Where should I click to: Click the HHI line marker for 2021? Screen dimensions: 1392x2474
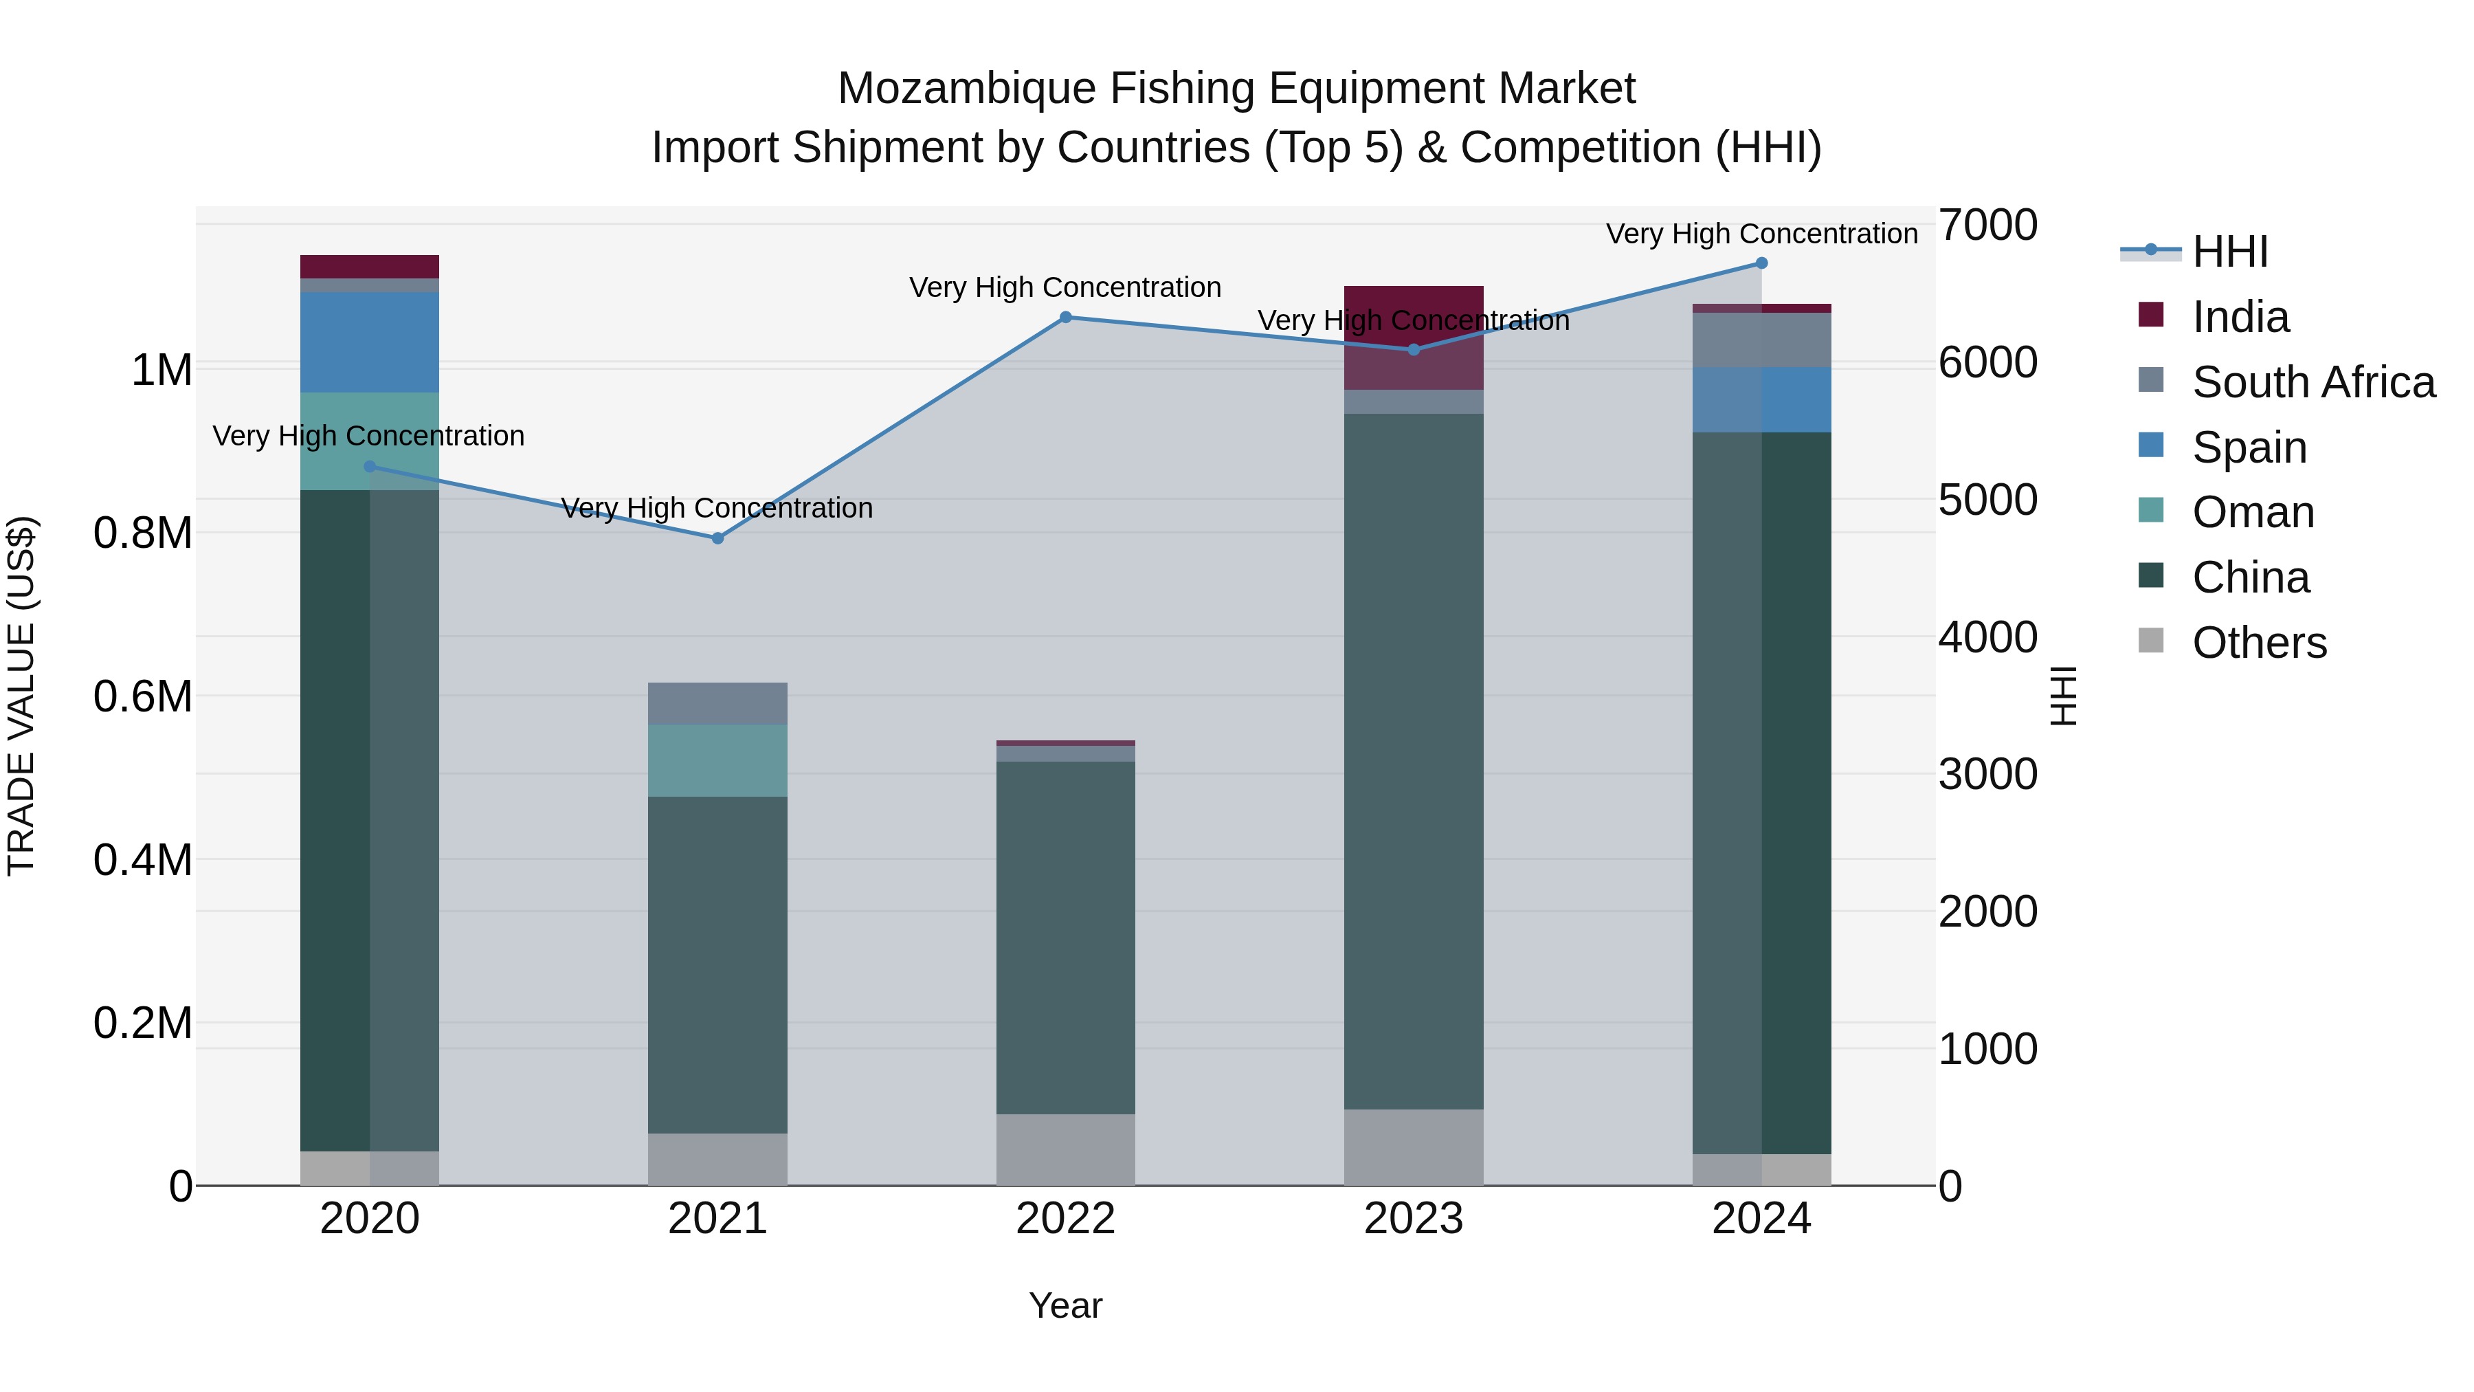point(717,538)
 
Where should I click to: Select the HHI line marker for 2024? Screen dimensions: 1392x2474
point(1761,263)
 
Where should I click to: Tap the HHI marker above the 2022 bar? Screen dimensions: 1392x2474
point(1065,317)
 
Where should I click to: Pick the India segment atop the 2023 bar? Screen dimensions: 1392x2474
point(1413,336)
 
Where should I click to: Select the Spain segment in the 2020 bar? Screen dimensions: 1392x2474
point(370,342)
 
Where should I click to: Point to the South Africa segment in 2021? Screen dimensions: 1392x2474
point(717,703)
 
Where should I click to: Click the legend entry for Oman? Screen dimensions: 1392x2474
point(2252,512)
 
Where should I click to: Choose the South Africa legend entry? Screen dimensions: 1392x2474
point(2313,382)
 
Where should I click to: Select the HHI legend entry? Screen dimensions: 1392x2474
point(2228,252)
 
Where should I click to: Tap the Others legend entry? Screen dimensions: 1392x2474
point(2259,643)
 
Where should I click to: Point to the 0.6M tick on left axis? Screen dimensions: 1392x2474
point(142,696)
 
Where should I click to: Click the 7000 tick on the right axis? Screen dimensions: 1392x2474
point(1987,225)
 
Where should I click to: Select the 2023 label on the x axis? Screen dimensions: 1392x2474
point(1413,1219)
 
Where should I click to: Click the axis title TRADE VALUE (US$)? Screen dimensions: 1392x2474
point(21,696)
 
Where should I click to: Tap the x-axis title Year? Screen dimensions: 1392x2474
point(1065,1305)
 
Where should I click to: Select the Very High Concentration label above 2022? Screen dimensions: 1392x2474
point(1065,287)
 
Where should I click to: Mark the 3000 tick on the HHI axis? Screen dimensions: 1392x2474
point(1987,774)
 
